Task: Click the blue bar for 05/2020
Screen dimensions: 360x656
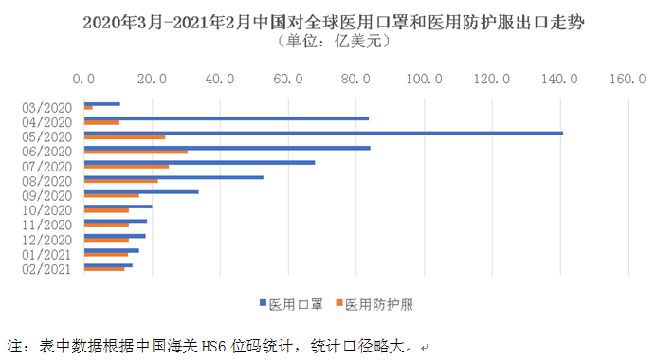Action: coord(322,133)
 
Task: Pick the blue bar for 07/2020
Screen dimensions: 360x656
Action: coord(199,162)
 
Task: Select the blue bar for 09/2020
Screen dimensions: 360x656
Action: coord(141,191)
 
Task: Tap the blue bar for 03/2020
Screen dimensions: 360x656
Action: coord(102,103)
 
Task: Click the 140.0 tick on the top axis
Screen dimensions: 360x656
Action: coord(559,79)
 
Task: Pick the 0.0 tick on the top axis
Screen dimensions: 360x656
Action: coord(84,79)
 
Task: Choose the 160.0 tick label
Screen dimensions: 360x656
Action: coord(627,79)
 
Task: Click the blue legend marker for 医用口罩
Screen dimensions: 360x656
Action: coord(263,304)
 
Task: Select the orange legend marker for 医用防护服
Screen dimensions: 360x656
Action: coord(337,304)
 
